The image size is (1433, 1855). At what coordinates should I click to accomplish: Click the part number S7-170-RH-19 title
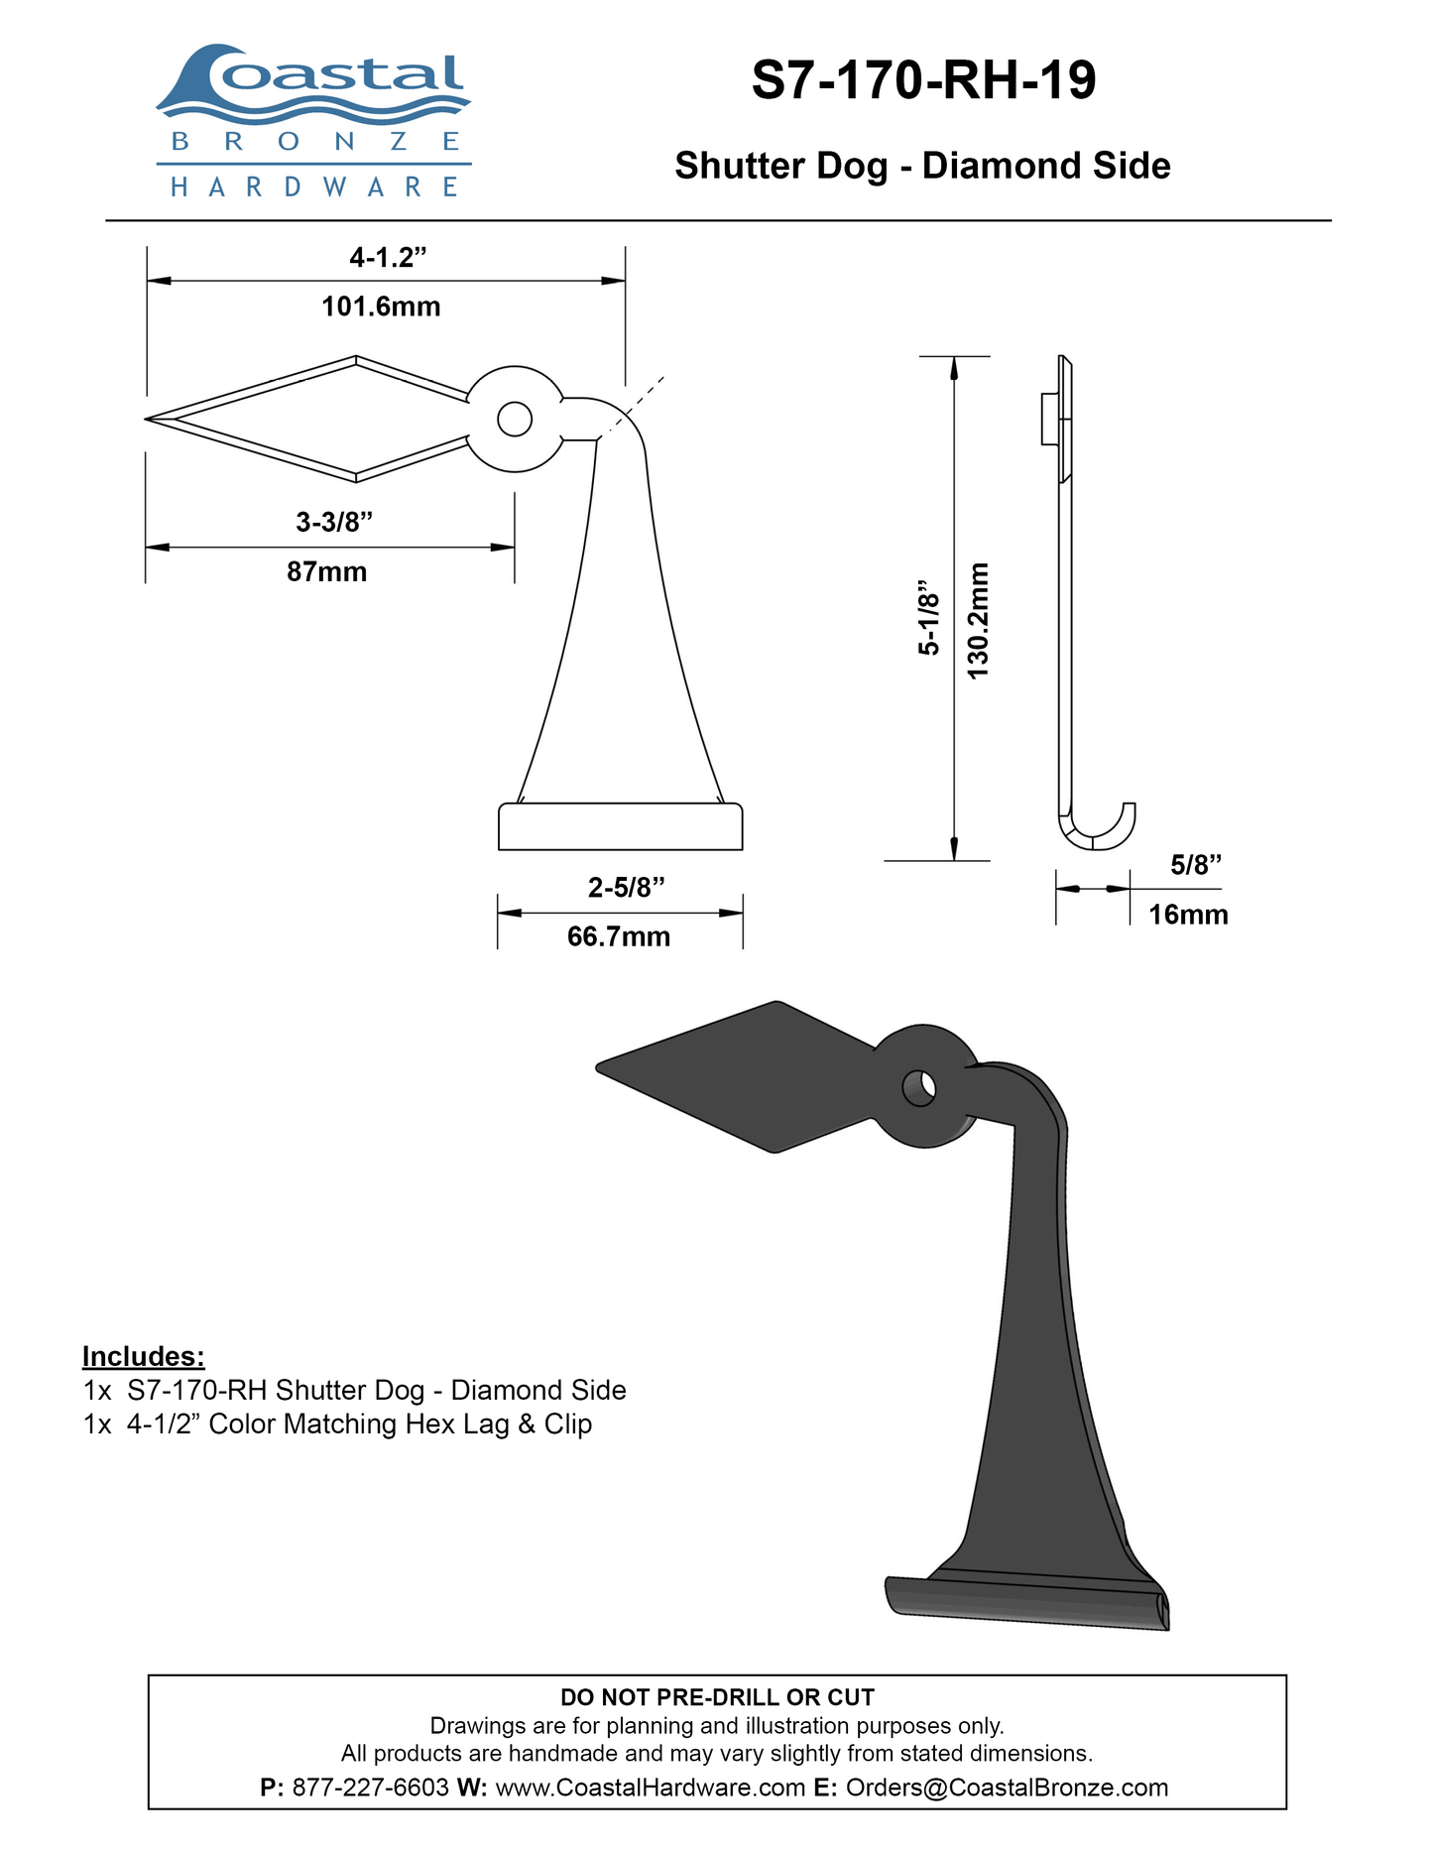[x=923, y=80]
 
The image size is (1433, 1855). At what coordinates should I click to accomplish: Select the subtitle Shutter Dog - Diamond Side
[x=922, y=166]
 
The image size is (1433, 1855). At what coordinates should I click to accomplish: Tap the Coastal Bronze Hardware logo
[x=313, y=121]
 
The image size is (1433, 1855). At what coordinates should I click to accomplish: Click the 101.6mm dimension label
[x=381, y=307]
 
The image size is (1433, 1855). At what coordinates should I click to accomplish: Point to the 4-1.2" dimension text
[x=388, y=258]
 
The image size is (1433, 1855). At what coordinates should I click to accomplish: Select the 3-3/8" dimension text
[x=334, y=522]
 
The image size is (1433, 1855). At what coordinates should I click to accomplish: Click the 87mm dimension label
[x=327, y=572]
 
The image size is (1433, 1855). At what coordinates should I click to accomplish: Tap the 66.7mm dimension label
[x=619, y=936]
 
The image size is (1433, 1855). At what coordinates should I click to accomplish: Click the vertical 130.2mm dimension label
[x=979, y=621]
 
